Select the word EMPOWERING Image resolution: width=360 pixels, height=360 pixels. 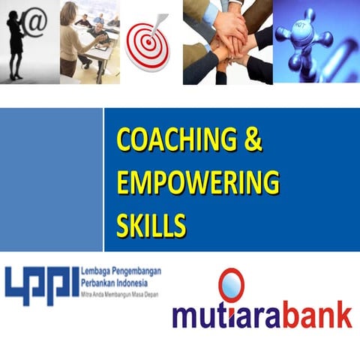click(x=197, y=183)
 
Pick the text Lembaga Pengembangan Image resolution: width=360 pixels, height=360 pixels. click(x=120, y=271)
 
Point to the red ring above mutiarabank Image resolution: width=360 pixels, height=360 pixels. click(x=231, y=284)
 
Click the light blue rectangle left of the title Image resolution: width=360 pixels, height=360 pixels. click(x=51, y=180)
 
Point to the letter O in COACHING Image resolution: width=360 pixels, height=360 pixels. click(x=143, y=141)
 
